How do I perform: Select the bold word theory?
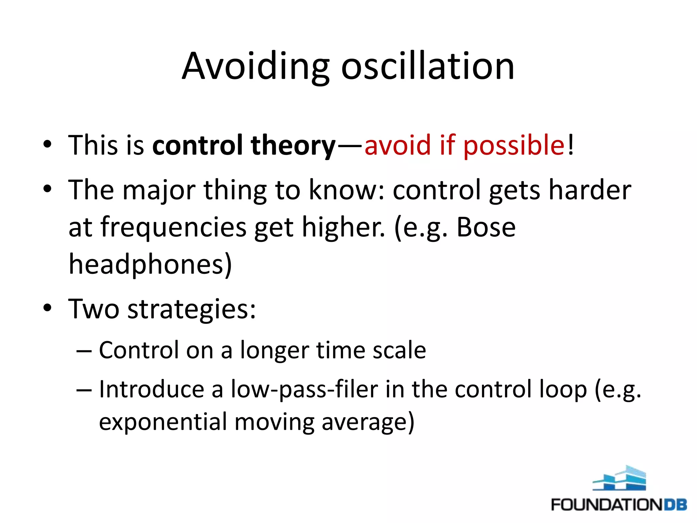293,146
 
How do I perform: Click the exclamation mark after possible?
571,145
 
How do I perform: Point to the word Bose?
486,227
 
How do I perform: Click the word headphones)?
150,265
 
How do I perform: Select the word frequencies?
173,227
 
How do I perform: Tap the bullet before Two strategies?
47,307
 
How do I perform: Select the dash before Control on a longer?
84,351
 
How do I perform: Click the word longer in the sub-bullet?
274,351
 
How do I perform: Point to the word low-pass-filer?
304,390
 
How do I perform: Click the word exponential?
163,422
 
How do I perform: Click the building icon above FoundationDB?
619,478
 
